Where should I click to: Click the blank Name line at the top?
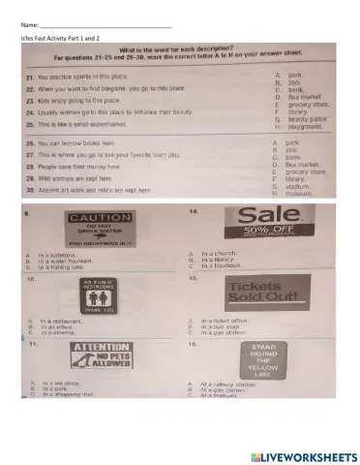coord(106,22)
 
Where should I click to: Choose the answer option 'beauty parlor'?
coord(305,119)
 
